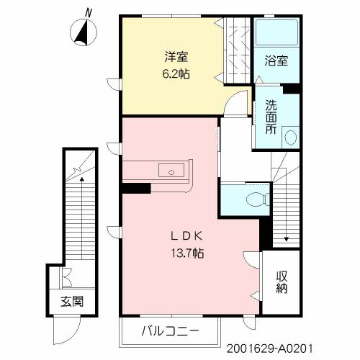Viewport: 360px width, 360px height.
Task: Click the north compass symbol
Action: point(84,32)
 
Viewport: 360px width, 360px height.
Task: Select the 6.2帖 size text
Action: point(175,73)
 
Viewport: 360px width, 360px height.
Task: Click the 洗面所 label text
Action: point(271,116)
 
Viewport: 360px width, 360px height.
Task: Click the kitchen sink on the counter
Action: point(170,171)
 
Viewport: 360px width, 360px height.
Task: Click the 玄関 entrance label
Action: point(71,301)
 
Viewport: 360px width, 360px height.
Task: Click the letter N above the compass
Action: point(88,12)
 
